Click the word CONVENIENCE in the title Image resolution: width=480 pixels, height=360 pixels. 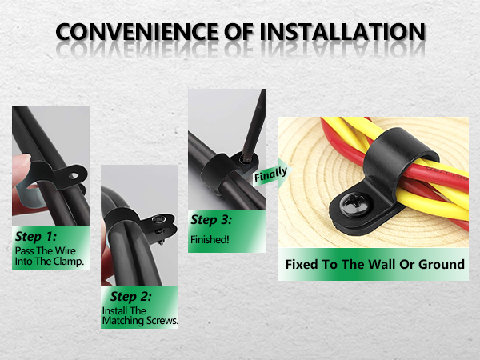[x=137, y=31]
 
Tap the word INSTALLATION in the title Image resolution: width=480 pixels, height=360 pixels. [x=342, y=31]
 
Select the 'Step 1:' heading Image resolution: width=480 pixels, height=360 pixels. [x=36, y=237]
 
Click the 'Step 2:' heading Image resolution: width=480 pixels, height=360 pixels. [x=130, y=296]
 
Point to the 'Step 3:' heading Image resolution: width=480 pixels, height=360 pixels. [x=211, y=220]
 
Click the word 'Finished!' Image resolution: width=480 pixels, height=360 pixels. [x=210, y=239]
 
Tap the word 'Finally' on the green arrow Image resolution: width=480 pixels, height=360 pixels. [x=270, y=174]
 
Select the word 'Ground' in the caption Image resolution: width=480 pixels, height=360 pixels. [x=442, y=264]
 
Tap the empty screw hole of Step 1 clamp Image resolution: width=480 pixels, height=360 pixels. [x=74, y=176]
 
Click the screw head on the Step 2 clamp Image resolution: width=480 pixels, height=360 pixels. [x=158, y=219]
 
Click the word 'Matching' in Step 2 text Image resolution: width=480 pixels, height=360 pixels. [x=123, y=321]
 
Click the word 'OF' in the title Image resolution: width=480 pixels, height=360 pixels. [x=238, y=31]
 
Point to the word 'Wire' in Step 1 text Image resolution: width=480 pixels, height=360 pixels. [x=66, y=250]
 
